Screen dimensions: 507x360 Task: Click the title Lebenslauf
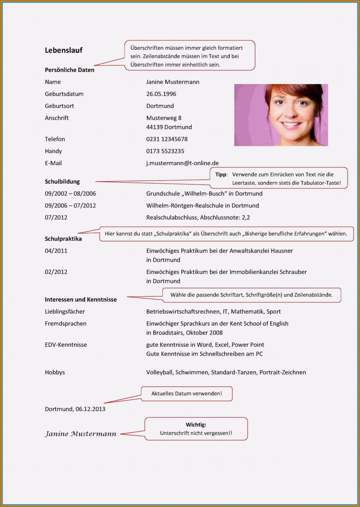tap(64, 50)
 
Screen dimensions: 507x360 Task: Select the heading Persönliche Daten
tap(70, 70)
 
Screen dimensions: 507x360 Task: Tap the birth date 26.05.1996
tap(161, 94)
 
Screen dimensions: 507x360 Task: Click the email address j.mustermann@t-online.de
tap(182, 163)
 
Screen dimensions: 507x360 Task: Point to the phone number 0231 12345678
tap(167, 139)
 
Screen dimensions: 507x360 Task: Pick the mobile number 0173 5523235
tap(165, 151)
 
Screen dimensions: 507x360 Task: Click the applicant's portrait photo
tap(281, 115)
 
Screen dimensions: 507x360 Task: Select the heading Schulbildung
tap(62, 182)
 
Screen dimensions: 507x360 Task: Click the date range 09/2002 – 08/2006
tap(70, 194)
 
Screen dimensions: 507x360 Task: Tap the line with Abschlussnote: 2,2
tap(198, 218)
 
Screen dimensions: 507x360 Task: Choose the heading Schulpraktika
tap(63, 239)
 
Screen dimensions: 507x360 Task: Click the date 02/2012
tap(56, 272)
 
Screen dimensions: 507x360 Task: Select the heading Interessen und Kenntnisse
tap(80, 300)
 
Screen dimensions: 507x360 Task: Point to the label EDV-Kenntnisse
tap(66, 345)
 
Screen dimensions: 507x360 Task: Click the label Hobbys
tap(55, 372)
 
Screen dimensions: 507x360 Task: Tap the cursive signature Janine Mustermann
tap(80, 434)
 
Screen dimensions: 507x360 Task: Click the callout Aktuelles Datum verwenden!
tap(186, 394)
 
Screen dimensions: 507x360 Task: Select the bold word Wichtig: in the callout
tap(196, 425)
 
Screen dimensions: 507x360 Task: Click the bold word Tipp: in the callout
tap(221, 175)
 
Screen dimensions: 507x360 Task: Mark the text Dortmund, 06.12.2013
tap(75, 409)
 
